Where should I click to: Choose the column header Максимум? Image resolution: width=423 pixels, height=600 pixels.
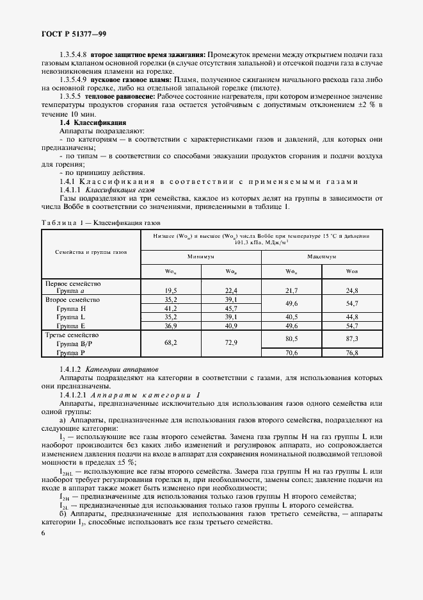321,255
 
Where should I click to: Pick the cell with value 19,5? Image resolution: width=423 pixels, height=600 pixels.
171,290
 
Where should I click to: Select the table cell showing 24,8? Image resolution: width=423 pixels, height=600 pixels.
352,290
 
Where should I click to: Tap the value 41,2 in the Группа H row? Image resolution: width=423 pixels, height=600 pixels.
171,308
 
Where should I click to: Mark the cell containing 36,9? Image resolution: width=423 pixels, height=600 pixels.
171,326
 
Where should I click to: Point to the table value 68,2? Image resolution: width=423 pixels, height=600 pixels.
171,343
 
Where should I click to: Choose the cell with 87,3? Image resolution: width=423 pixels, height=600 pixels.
352,338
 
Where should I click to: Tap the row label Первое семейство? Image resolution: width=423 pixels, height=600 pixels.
72,283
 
